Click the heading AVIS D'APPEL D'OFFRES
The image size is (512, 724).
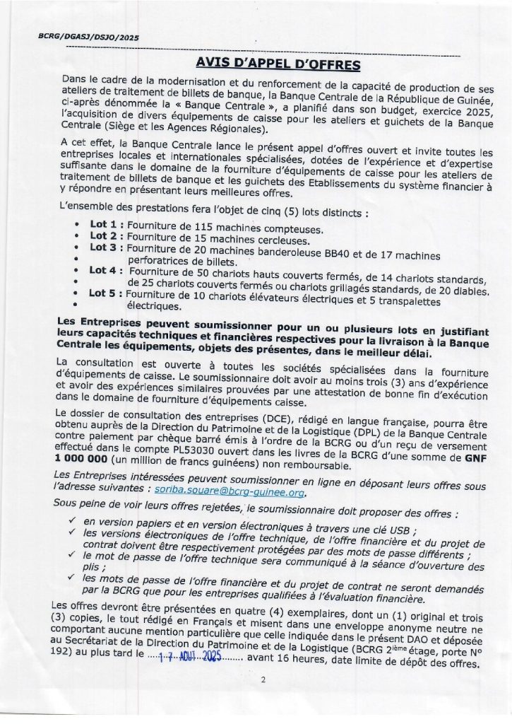278,65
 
